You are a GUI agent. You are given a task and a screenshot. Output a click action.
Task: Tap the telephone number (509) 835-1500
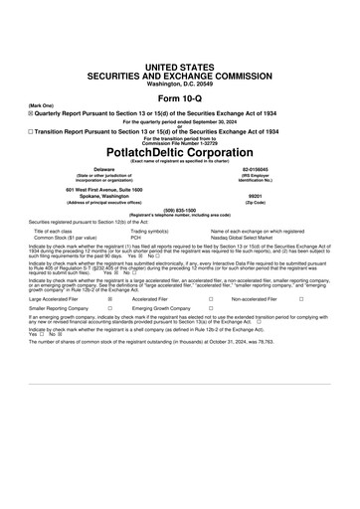click(x=180, y=210)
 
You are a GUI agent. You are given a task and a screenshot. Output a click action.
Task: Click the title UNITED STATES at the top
click(x=180, y=65)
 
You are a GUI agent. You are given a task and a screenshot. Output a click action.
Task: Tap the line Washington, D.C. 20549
click(x=180, y=84)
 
